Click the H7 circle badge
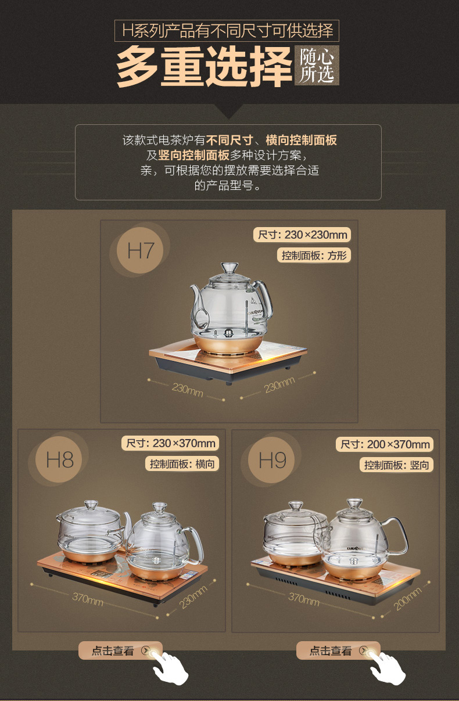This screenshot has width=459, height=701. (141, 251)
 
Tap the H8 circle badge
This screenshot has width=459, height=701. (60, 460)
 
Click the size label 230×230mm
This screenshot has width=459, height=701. (302, 235)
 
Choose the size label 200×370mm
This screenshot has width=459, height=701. (385, 445)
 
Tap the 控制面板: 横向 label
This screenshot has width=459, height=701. (182, 463)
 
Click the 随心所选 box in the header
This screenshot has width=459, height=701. (317, 66)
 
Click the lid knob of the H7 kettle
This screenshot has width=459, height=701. (229, 268)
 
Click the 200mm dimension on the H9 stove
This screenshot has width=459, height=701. (407, 599)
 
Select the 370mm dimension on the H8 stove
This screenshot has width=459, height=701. (88, 598)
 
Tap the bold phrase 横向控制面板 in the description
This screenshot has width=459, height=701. (301, 140)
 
